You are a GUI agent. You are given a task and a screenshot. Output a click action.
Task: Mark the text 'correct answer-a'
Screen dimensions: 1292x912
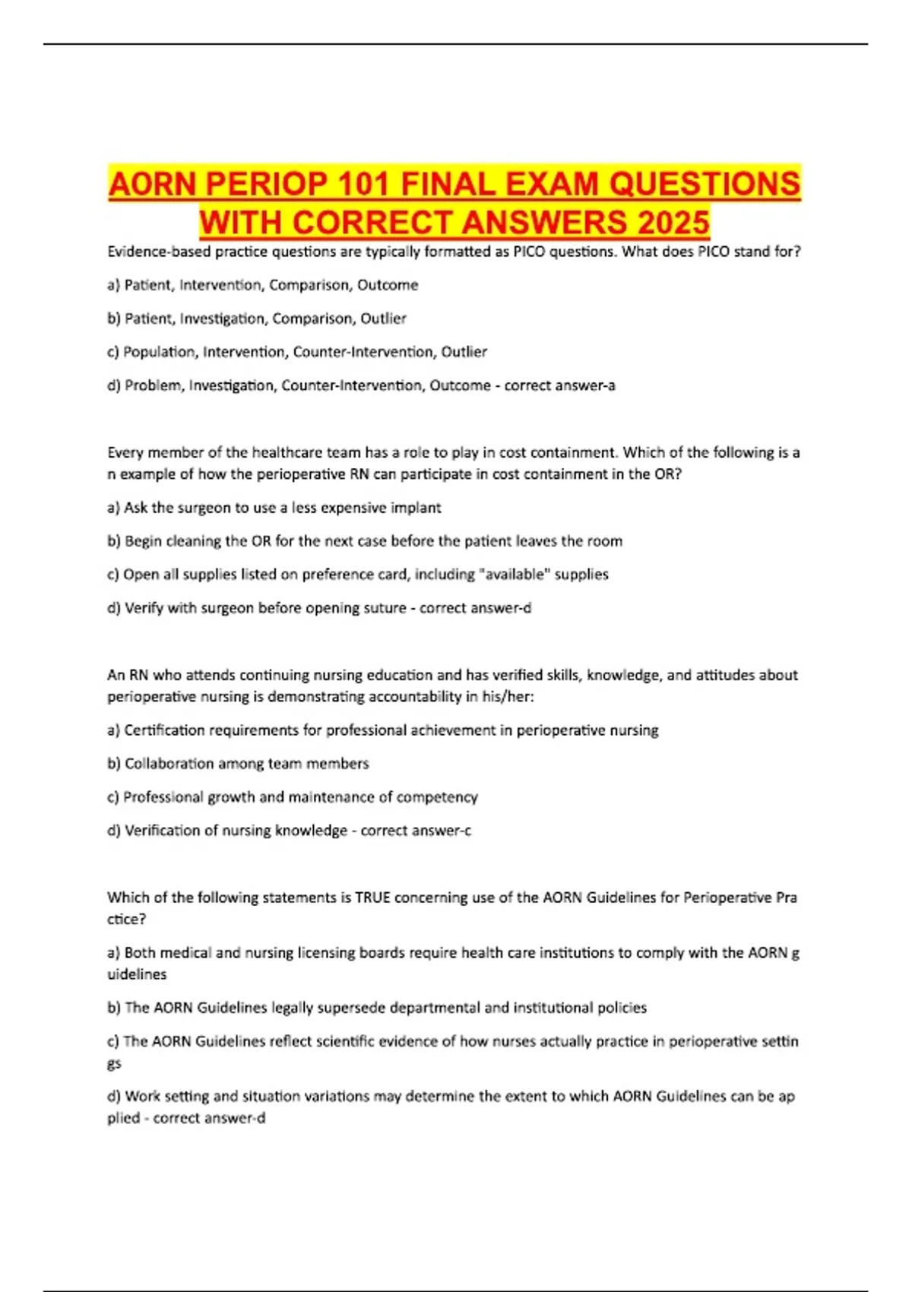(x=559, y=385)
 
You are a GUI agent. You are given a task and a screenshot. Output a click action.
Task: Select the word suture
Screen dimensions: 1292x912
(x=385, y=608)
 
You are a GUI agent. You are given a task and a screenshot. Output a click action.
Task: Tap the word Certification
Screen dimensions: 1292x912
(x=164, y=730)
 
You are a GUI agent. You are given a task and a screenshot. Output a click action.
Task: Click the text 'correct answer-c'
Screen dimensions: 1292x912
(x=416, y=831)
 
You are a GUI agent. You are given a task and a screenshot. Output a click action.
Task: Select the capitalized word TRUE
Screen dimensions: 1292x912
(x=372, y=898)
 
